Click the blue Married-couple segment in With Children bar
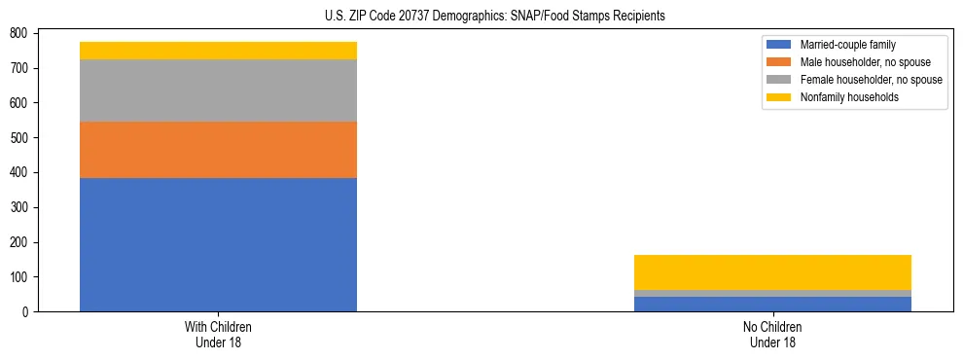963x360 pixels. point(218,244)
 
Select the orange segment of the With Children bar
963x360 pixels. point(218,150)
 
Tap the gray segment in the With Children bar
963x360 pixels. point(218,90)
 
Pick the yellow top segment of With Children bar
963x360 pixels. point(218,51)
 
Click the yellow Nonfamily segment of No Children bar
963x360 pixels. point(772,272)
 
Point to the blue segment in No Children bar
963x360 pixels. point(772,304)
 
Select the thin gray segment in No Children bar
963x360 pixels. point(772,293)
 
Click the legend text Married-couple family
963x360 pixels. point(847,45)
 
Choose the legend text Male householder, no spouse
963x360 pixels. point(865,62)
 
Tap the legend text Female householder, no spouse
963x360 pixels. point(871,80)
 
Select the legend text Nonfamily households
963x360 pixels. point(849,97)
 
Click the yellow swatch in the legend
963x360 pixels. point(779,97)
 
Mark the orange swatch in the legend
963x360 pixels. point(779,62)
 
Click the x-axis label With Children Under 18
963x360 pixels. point(218,334)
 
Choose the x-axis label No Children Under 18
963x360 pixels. point(772,334)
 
